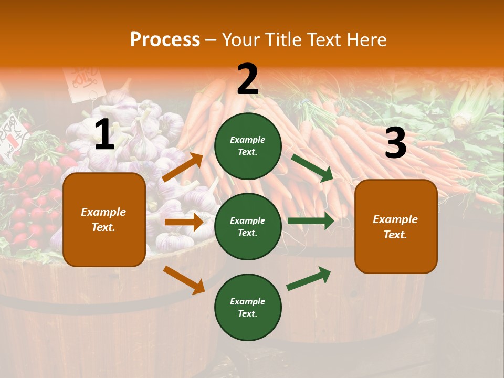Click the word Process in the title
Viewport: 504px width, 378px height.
[x=165, y=40]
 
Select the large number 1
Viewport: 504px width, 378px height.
[x=104, y=135]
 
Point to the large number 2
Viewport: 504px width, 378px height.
[x=248, y=79]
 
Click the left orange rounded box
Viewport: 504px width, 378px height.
[x=104, y=219]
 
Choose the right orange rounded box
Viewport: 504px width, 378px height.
[x=396, y=227]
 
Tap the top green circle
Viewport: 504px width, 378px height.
[x=248, y=146]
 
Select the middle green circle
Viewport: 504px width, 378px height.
[x=248, y=227]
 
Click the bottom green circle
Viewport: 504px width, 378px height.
[x=248, y=308]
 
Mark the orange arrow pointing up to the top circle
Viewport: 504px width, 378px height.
[x=183, y=167]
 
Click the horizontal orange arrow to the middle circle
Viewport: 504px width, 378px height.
[x=184, y=222]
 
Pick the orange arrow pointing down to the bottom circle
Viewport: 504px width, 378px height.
[x=184, y=280]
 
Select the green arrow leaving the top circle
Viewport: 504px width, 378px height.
[x=312, y=167]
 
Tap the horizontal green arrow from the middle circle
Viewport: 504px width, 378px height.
[x=311, y=221]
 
